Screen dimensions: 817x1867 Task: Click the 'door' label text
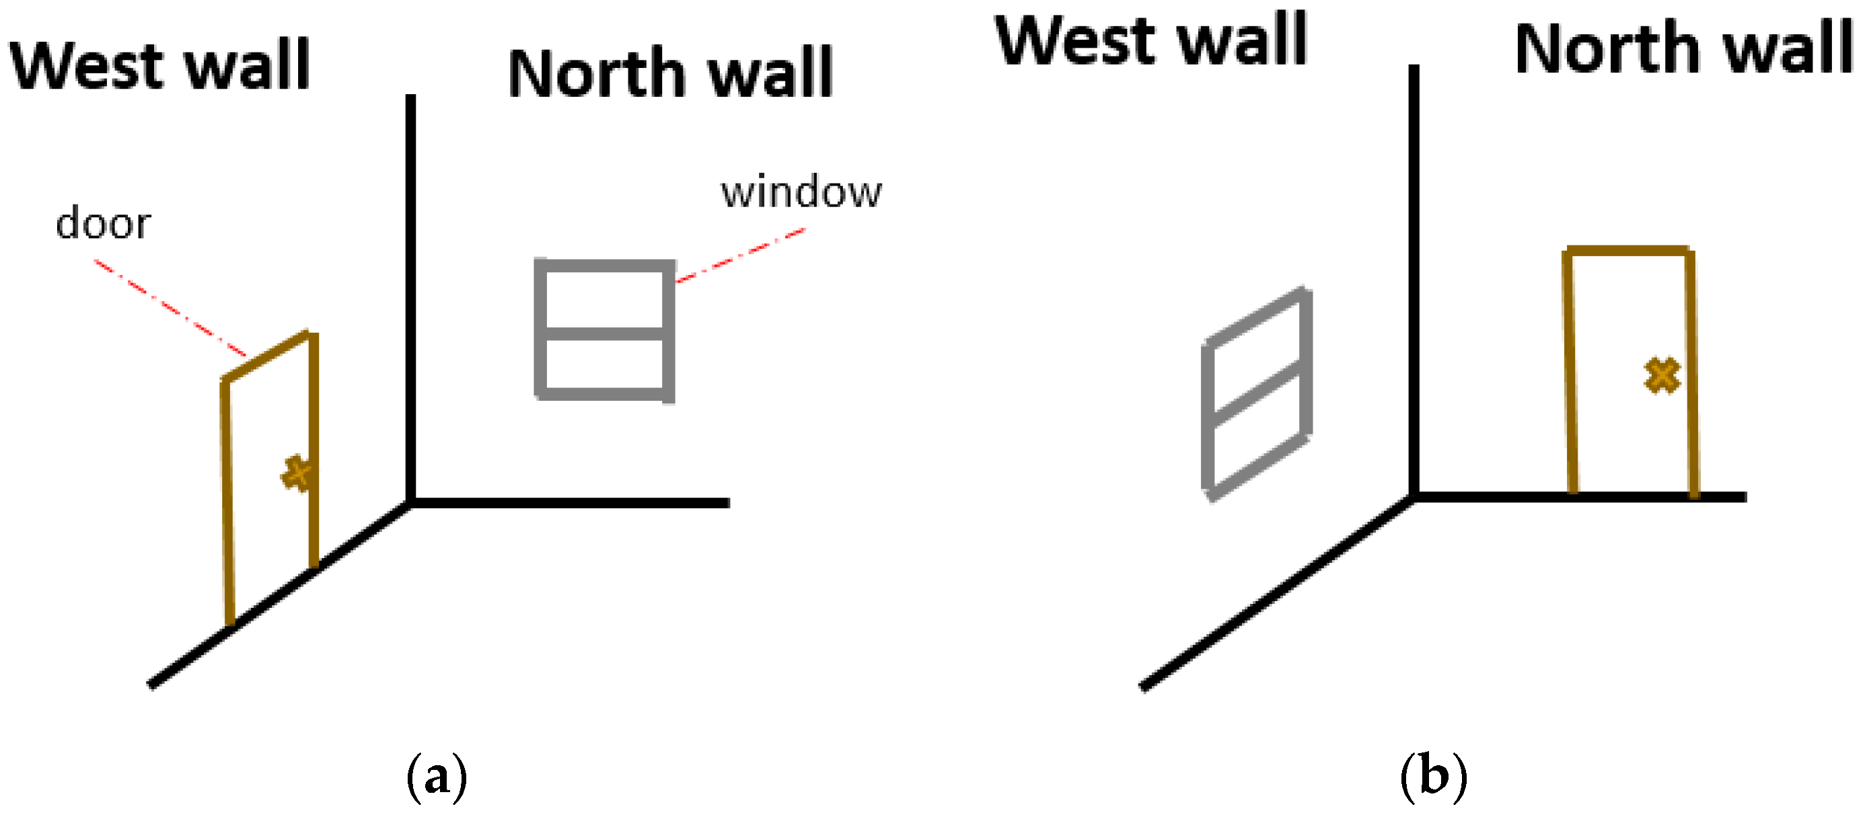point(103,224)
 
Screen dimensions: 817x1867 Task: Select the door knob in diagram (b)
point(1662,376)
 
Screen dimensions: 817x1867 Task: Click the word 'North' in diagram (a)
point(596,74)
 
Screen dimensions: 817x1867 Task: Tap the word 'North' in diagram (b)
point(1605,49)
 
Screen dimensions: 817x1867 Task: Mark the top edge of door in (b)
point(1630,251)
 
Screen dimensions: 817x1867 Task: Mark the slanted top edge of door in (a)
point(266,356)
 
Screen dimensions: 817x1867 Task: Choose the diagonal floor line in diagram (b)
point(1276,592)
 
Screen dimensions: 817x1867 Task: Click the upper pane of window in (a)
point(604,299)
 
